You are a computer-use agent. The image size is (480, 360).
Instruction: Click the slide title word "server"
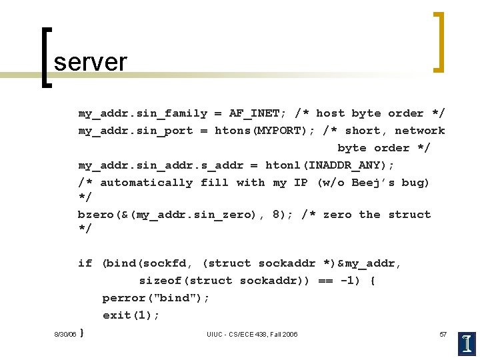point(90,62)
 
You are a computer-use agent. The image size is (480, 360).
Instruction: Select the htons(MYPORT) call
point(265,131)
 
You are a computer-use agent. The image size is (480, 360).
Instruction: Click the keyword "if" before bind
point(85,263)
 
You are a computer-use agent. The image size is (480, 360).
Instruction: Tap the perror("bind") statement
point(155,298)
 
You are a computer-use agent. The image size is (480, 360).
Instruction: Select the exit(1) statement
point(131,315)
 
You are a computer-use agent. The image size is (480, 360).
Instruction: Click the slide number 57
point(443,334)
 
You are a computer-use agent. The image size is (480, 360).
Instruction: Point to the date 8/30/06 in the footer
point(65,334)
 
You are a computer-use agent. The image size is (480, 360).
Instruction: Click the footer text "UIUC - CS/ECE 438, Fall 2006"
point(252,334)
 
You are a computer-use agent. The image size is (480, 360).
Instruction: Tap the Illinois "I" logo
point(467,343)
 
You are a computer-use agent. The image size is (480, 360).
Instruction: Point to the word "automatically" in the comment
point(146,183)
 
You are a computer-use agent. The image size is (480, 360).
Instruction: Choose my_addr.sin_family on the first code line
point(143,113)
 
